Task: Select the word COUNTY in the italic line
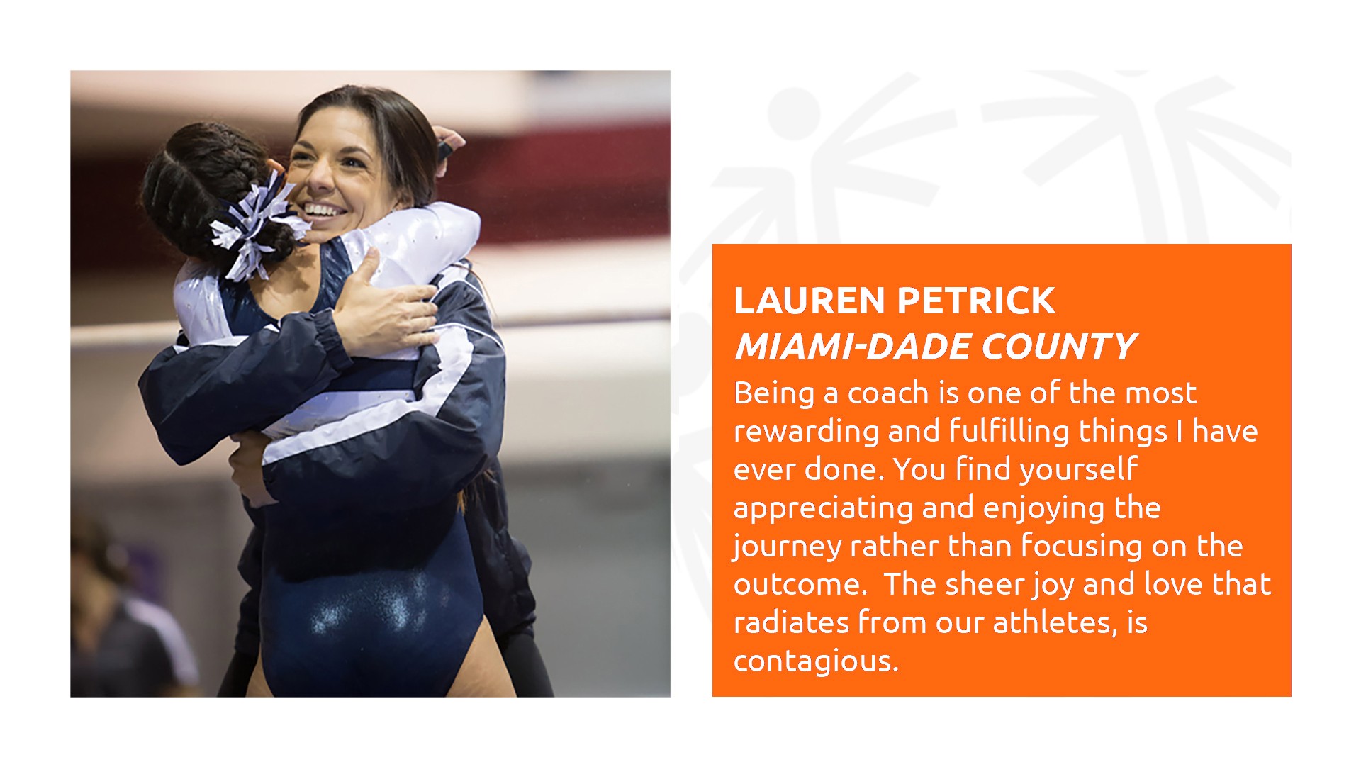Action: pyautogui.click(x=1059, y=347)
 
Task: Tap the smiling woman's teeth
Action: pyautogui.click(x=323, y=211)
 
